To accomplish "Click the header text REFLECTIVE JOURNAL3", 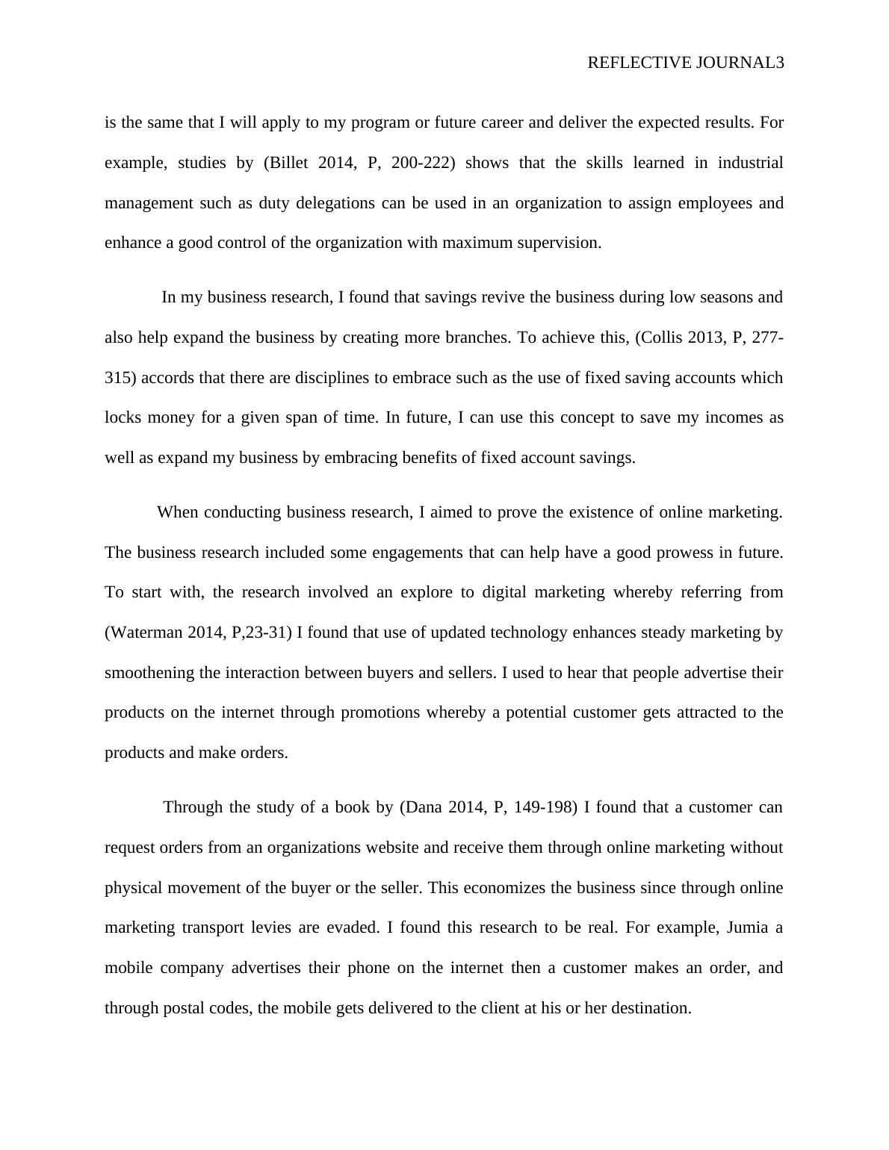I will coord(685,63).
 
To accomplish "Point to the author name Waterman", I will coord(145,632).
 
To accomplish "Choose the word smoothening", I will coord(149,673).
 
